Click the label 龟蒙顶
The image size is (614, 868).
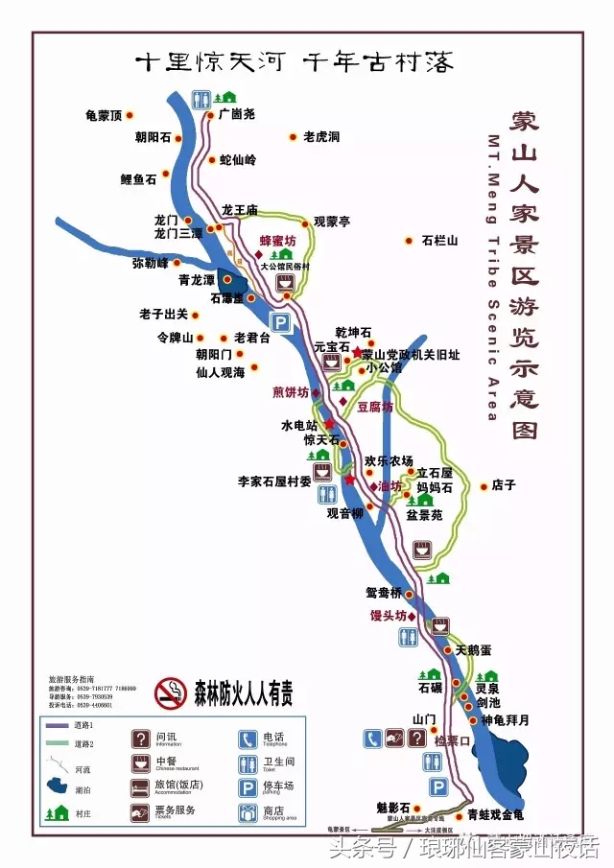(104, 115)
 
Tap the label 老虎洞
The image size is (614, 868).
(321, 137)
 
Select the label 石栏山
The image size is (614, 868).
(439, 240)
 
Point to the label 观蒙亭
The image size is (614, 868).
(332, 222)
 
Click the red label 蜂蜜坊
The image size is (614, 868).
(278, 241)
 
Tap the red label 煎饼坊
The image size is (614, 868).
(291, 392)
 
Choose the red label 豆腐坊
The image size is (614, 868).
(374, 407)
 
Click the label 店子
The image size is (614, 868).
(504, 485)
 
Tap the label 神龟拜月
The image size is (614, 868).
(505, 719)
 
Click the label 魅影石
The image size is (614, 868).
(392, 807)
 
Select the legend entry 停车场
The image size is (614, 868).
(279, 786)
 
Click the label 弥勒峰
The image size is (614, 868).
(150, 262)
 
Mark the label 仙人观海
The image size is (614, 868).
(220, 371)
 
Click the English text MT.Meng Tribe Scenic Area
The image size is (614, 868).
(491, 278)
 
